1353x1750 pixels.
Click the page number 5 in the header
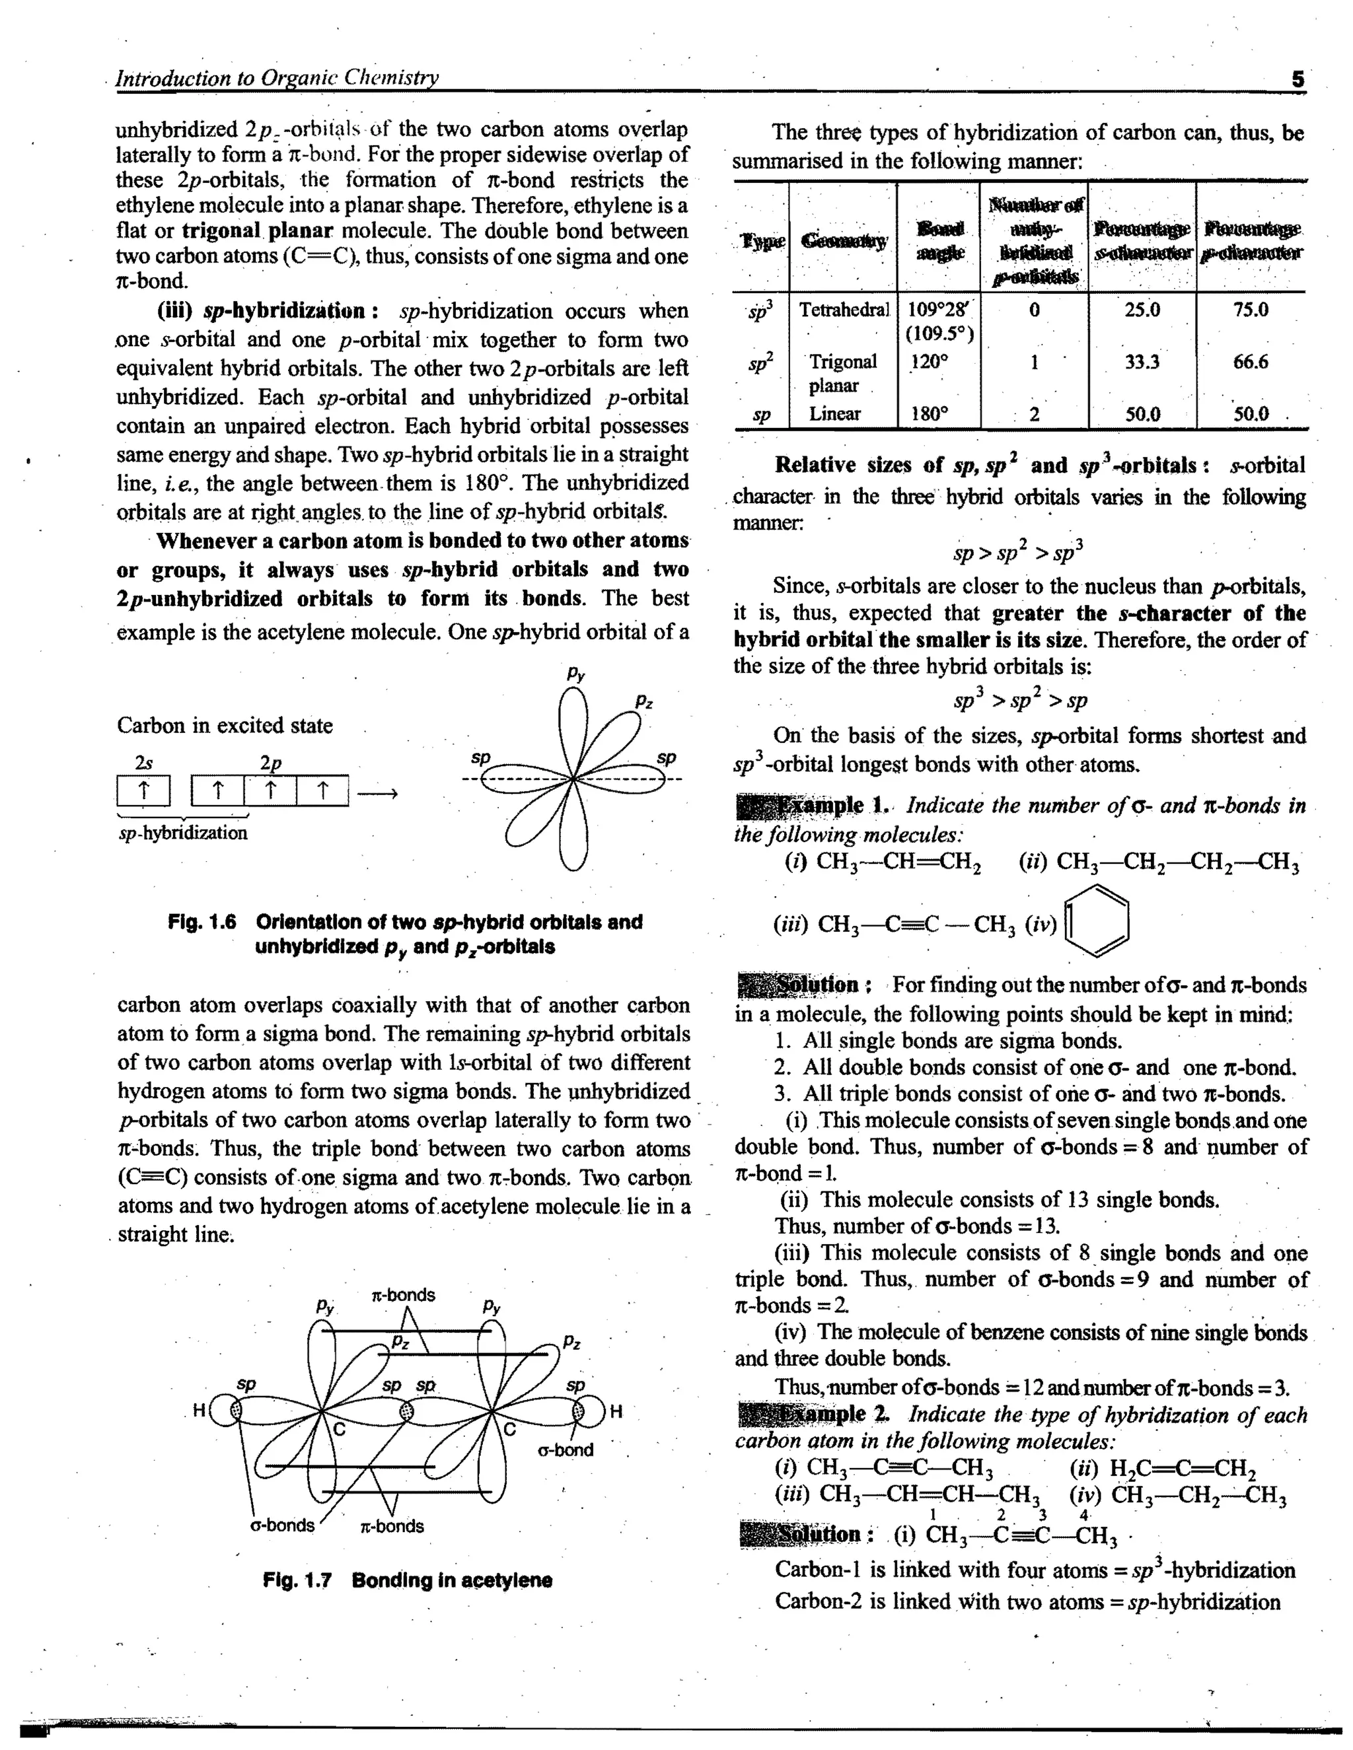click(x=1298, y=79)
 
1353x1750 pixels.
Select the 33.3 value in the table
click(x=1142, y=362)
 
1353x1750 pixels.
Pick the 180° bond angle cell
click(x=929, y=414)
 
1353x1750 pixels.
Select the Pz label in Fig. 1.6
click(x=643, y=702)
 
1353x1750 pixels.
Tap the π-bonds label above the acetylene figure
click(x=403, y=1295)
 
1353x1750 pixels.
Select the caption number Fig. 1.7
click(x=297, y=1581)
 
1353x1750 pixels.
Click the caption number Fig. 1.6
click(x=202, y=923)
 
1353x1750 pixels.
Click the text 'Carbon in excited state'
click(x=225, y=726)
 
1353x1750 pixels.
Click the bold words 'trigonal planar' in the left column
click(x=256, y=232)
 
